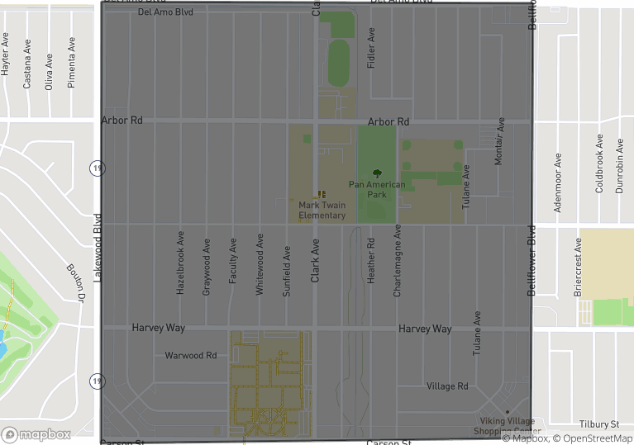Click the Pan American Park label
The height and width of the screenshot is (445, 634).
pos(377,189)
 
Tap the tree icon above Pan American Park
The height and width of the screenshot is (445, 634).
pos(378,173)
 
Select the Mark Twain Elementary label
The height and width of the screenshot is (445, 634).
pos(322,210)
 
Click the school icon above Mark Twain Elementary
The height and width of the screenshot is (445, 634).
pos(322,194)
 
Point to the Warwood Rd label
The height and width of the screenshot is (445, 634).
pos(190,355)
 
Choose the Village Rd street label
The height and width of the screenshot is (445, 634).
pos(447,386)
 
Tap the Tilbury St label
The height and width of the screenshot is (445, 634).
pos(599,424)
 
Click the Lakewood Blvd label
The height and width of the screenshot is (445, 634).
pos(98,249)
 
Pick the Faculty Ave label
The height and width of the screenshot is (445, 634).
pos(233,263)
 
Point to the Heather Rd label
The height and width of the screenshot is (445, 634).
pos(371,262)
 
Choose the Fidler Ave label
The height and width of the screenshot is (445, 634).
pos(372,48)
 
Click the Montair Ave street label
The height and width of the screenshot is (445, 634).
pos(498,140)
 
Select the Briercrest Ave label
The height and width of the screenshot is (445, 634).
pos(579,267)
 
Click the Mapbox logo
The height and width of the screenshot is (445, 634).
pos(36,433)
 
